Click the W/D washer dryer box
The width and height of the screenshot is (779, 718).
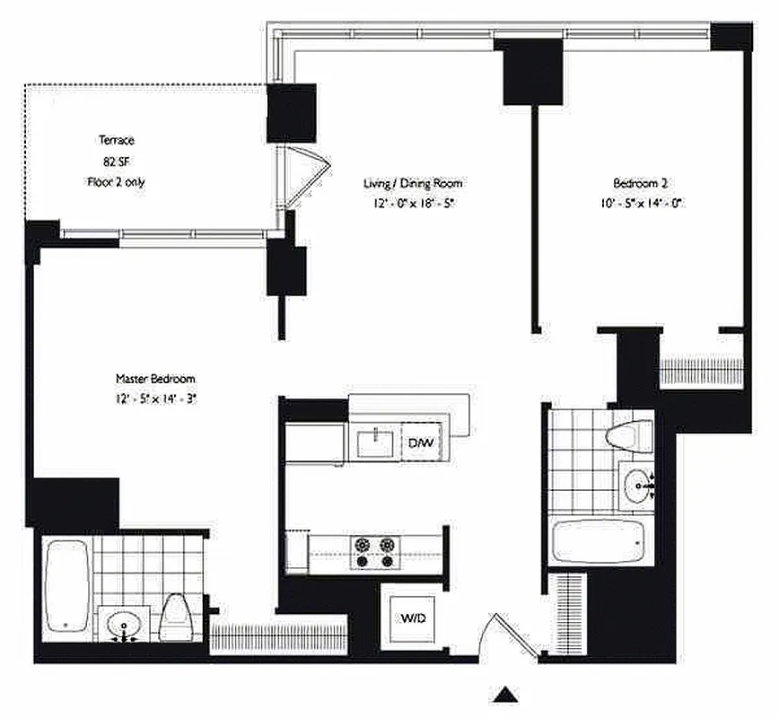point(414,618)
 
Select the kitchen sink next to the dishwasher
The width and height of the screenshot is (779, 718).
point(374,442)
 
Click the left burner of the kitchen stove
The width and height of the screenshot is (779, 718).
point(363,545)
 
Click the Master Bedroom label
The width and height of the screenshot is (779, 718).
point(155,379)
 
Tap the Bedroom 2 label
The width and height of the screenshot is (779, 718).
point(642,184)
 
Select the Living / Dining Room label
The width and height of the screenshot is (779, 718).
point(412,184)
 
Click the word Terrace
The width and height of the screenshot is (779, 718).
point(117,141)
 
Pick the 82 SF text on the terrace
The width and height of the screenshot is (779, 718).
point(116,162)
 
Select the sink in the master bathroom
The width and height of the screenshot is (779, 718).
point(122,624)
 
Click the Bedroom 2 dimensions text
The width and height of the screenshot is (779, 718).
point(643,203)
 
